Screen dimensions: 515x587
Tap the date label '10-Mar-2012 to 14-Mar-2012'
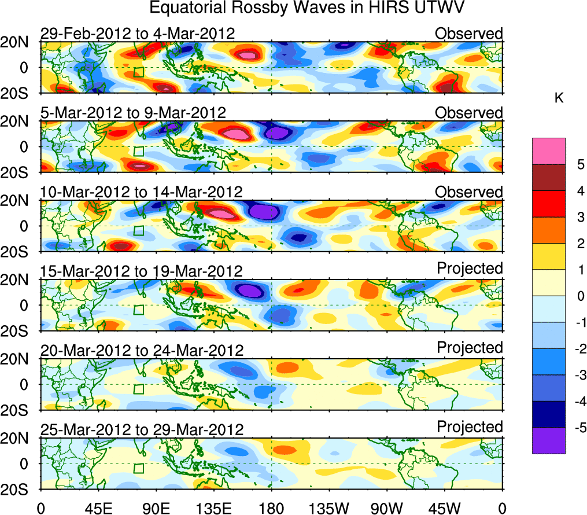coord(141,192)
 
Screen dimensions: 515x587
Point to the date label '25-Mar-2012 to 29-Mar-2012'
coord(141,430)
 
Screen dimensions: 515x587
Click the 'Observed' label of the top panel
coord(468,34)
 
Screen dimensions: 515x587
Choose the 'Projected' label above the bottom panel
coord(470,427)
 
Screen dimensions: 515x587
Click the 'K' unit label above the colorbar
coord(559,99)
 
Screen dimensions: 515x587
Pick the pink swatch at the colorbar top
coord(549,150)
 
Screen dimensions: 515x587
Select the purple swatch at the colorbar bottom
coord(549,440)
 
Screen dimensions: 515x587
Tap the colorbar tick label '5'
coord(579,164)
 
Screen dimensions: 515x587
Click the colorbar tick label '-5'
coord(577,428)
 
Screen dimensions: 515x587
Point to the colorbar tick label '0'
coord(579,296)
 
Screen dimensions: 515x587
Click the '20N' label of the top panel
coord(19,42)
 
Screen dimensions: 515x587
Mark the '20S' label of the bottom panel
coord(19,489)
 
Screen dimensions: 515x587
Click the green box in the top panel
coord(138,72)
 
